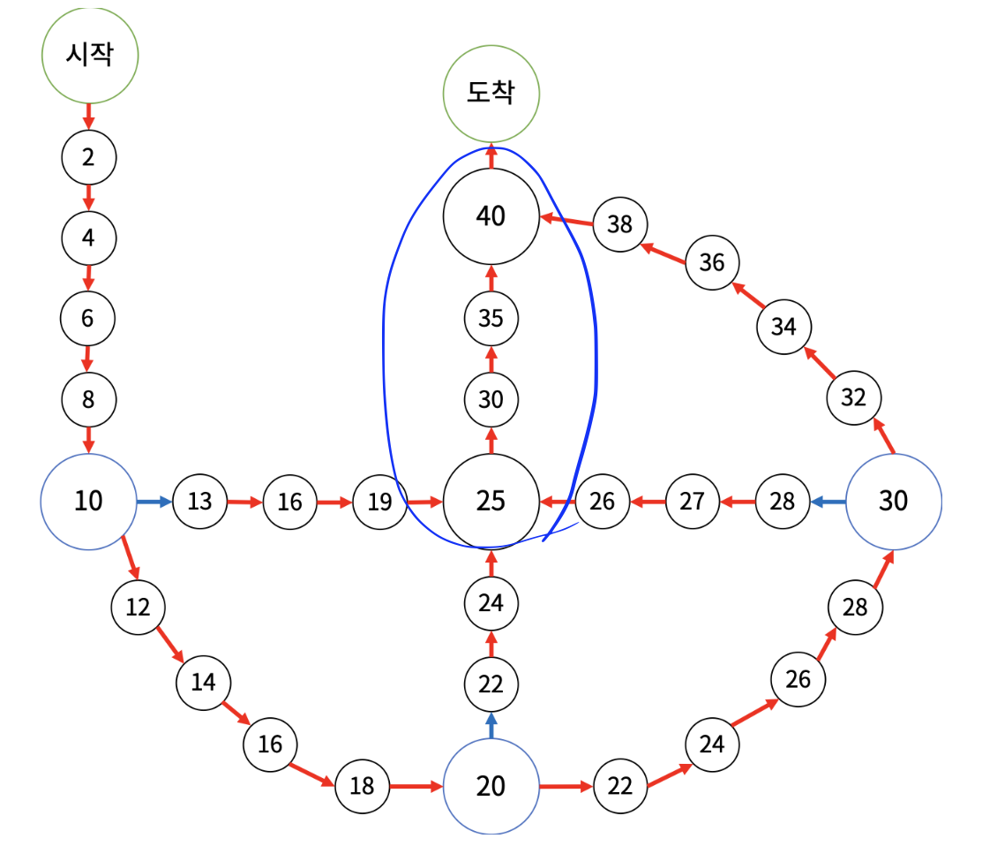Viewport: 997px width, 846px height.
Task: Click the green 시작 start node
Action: click(x=90, y=55)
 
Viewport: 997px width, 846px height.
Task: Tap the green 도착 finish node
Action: click(x=491, y=94)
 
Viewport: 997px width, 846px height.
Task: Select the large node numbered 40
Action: click(x=491, y=215)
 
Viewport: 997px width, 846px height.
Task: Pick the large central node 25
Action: click(x=491, y=501)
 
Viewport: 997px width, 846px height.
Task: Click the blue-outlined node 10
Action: click(x=88, y=501)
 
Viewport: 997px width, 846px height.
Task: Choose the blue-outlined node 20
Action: click(x=491, y=785)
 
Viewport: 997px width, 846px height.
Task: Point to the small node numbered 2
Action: click(x=88, y=157)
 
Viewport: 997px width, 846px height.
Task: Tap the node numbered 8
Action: click(x=88, y=399)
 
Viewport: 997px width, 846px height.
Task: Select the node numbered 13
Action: click(x=200, y=502)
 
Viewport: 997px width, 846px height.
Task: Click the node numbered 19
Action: click(x=379, y=502)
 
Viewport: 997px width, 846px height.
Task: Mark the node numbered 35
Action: click(x=491, y=317)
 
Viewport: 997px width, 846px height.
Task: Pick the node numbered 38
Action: click(x=620, y=224)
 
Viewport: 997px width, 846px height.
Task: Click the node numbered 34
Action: click(x=783, y=326)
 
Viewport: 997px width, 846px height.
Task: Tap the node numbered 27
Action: click(x=693, y=502)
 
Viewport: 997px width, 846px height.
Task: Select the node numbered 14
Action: click(x=203, y=681)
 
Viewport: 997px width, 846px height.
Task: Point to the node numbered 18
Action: click(x=362, y=785)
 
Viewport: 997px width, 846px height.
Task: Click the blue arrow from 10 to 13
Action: click(x=154, y=502)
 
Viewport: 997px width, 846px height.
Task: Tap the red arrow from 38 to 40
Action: click(x=566, y=218)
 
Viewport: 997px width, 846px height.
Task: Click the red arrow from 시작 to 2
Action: click(x=88, y=114)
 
